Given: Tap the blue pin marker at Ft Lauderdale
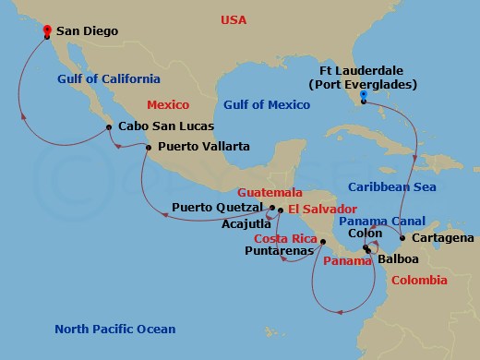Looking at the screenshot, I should click(x=363, y=95).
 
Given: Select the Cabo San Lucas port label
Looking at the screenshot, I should click(x=165, y=126).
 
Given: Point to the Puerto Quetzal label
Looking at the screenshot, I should click(x=218, y=208).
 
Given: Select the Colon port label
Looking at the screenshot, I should click(x=355, y=234).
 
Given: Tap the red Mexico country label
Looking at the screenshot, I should click(x=169, y=106).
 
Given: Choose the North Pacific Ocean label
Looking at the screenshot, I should click(x=114, y=329).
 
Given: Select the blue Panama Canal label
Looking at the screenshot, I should click(x=381, y=222).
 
